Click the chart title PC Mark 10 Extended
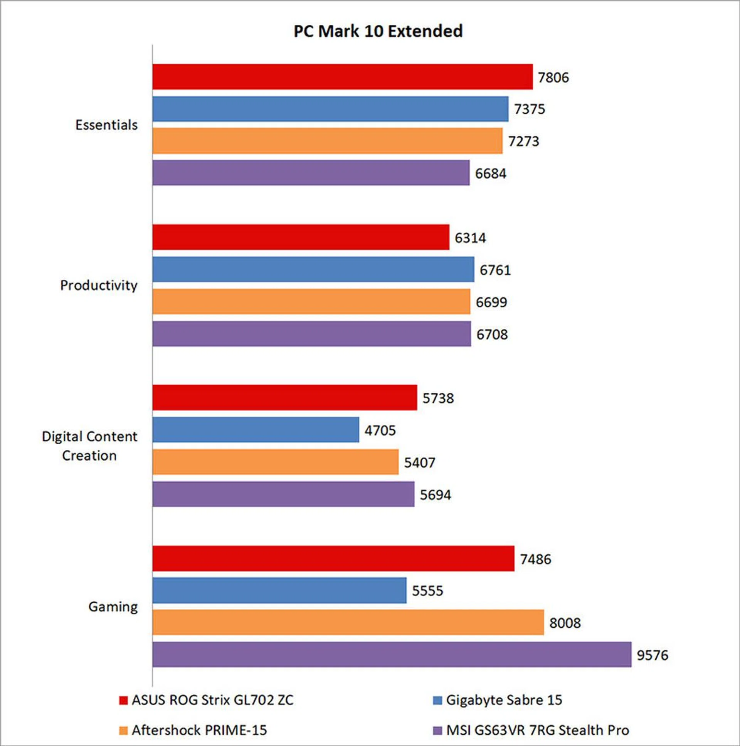tap(378, 31)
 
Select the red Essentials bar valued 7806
tap(342, 77)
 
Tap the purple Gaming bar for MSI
tap(392, 655)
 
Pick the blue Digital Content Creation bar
tap(255, 429)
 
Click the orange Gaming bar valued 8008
tap(348, 622)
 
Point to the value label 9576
tap(653, 655)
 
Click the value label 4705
tap(380, 430)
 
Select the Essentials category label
tap(106, 125)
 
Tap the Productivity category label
tap(99, 286)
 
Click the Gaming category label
tap(113, 607)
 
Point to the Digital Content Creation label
tap(89, 446)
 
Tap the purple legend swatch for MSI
tap(437, 731)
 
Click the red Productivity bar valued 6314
tap(301, 237)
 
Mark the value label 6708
tap(492, 334)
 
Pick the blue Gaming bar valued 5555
tap(279, 590)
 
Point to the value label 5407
tap(419, 462)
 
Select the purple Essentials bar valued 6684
tap(311, 173)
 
